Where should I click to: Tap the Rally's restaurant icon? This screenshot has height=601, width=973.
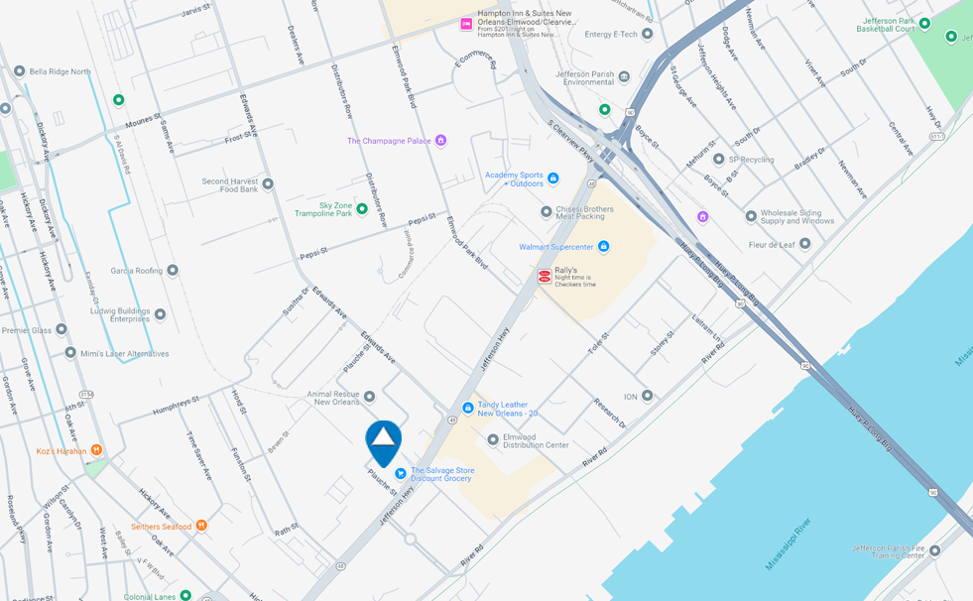[x=545, y=277]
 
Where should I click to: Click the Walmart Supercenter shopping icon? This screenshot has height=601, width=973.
[x=603, y=246]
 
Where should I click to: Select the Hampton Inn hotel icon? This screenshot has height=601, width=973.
[x=466, y=24]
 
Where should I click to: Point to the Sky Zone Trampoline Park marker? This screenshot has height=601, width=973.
[x=362, y=208]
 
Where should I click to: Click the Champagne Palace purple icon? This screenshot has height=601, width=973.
[x=441, y=141]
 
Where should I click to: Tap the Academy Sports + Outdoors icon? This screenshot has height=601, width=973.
[x=553, y=179]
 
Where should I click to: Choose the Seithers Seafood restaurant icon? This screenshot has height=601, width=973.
[x=201, y=526]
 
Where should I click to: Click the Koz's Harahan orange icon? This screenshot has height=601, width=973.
[x=96, y=450]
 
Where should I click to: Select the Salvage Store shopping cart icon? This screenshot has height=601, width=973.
[x=401, y=473]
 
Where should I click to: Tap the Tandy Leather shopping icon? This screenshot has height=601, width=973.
[x=468, y=408]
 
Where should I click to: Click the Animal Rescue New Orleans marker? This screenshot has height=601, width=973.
[x=369, y=397]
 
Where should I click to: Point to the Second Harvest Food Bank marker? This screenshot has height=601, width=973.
[x=267, y=183]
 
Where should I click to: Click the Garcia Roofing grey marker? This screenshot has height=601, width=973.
[x=173, y=270]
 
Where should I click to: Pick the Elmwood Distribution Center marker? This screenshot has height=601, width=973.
[x=493, y=439]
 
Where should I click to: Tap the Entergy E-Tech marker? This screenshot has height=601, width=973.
[x=648, y=34]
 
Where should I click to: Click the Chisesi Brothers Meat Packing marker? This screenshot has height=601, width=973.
[x=546, y=211]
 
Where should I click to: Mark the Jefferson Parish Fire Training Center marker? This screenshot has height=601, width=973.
[x=934, y=551]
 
